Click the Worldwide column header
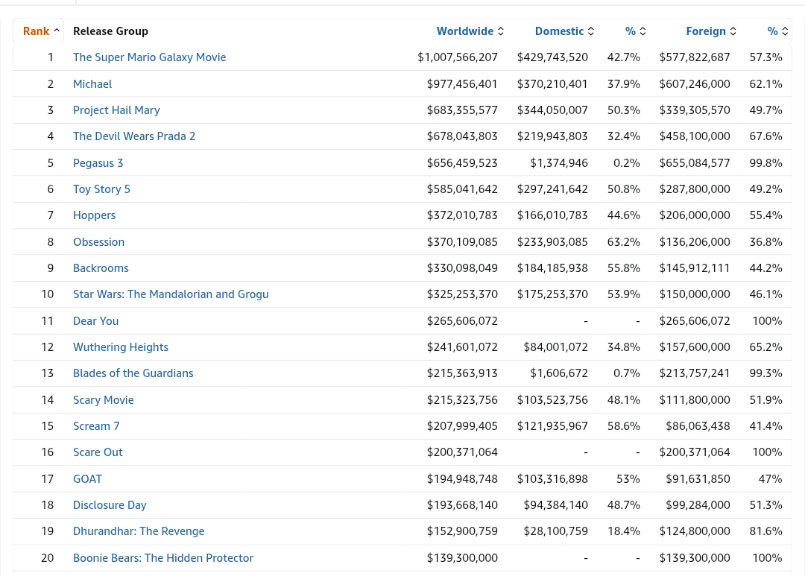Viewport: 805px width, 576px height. click(464, 31)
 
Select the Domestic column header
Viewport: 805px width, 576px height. click(559, 31)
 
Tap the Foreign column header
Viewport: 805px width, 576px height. click(706, 31)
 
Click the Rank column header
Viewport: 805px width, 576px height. click(36, 31)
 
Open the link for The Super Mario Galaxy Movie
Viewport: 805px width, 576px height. click(149, 57)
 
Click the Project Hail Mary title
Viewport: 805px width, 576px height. click(116, 110)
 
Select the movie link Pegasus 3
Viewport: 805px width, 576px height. click(98, 162)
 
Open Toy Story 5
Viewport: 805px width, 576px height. click(101, 189)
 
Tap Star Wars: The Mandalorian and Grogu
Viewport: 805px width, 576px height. click(171, 294)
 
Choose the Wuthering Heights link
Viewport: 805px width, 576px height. click(121, 347)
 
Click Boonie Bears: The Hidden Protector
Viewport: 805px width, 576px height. click(163, 557)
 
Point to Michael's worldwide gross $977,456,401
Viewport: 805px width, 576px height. click(462, 83)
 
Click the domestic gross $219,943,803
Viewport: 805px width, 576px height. click(552, 136)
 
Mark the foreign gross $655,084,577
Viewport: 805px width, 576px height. click(695, 162)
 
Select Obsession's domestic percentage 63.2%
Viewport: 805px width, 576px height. click(624, 241)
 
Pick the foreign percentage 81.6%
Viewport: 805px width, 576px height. click(766, 531)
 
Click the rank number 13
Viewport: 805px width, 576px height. click(47, 373)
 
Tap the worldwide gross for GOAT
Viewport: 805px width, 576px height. click(462, 478)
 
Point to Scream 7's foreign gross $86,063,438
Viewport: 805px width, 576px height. click(698, 425)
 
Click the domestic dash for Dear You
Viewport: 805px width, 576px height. click(586, 321)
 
